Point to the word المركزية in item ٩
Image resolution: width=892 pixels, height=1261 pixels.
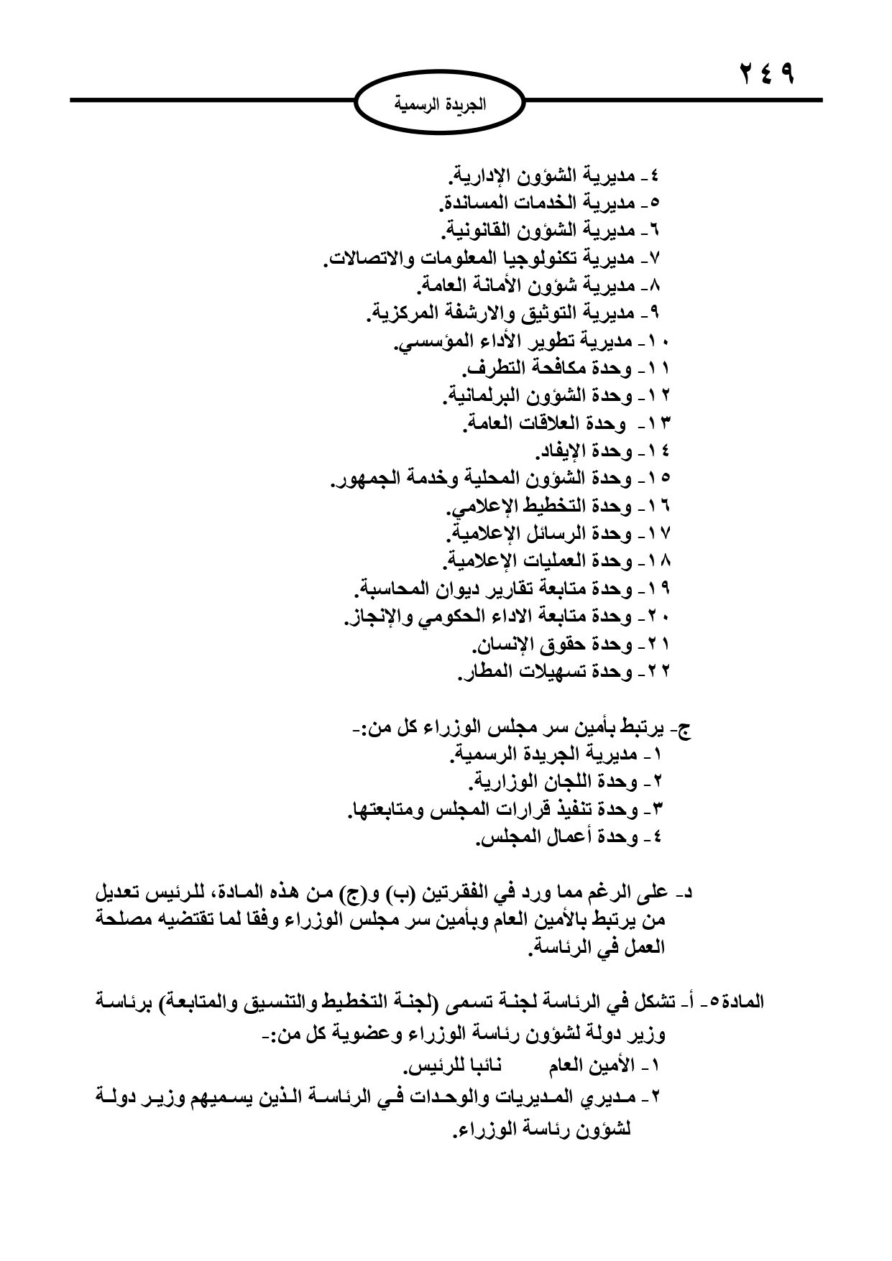coord(403,313)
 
